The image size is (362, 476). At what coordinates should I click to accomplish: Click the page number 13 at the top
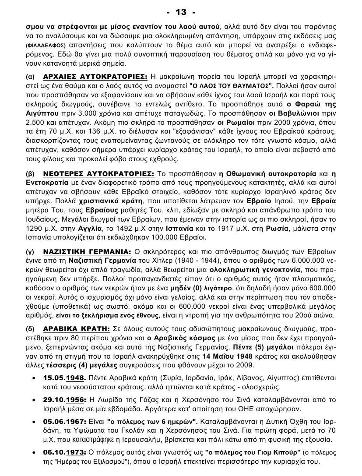[x=181, y=11]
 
